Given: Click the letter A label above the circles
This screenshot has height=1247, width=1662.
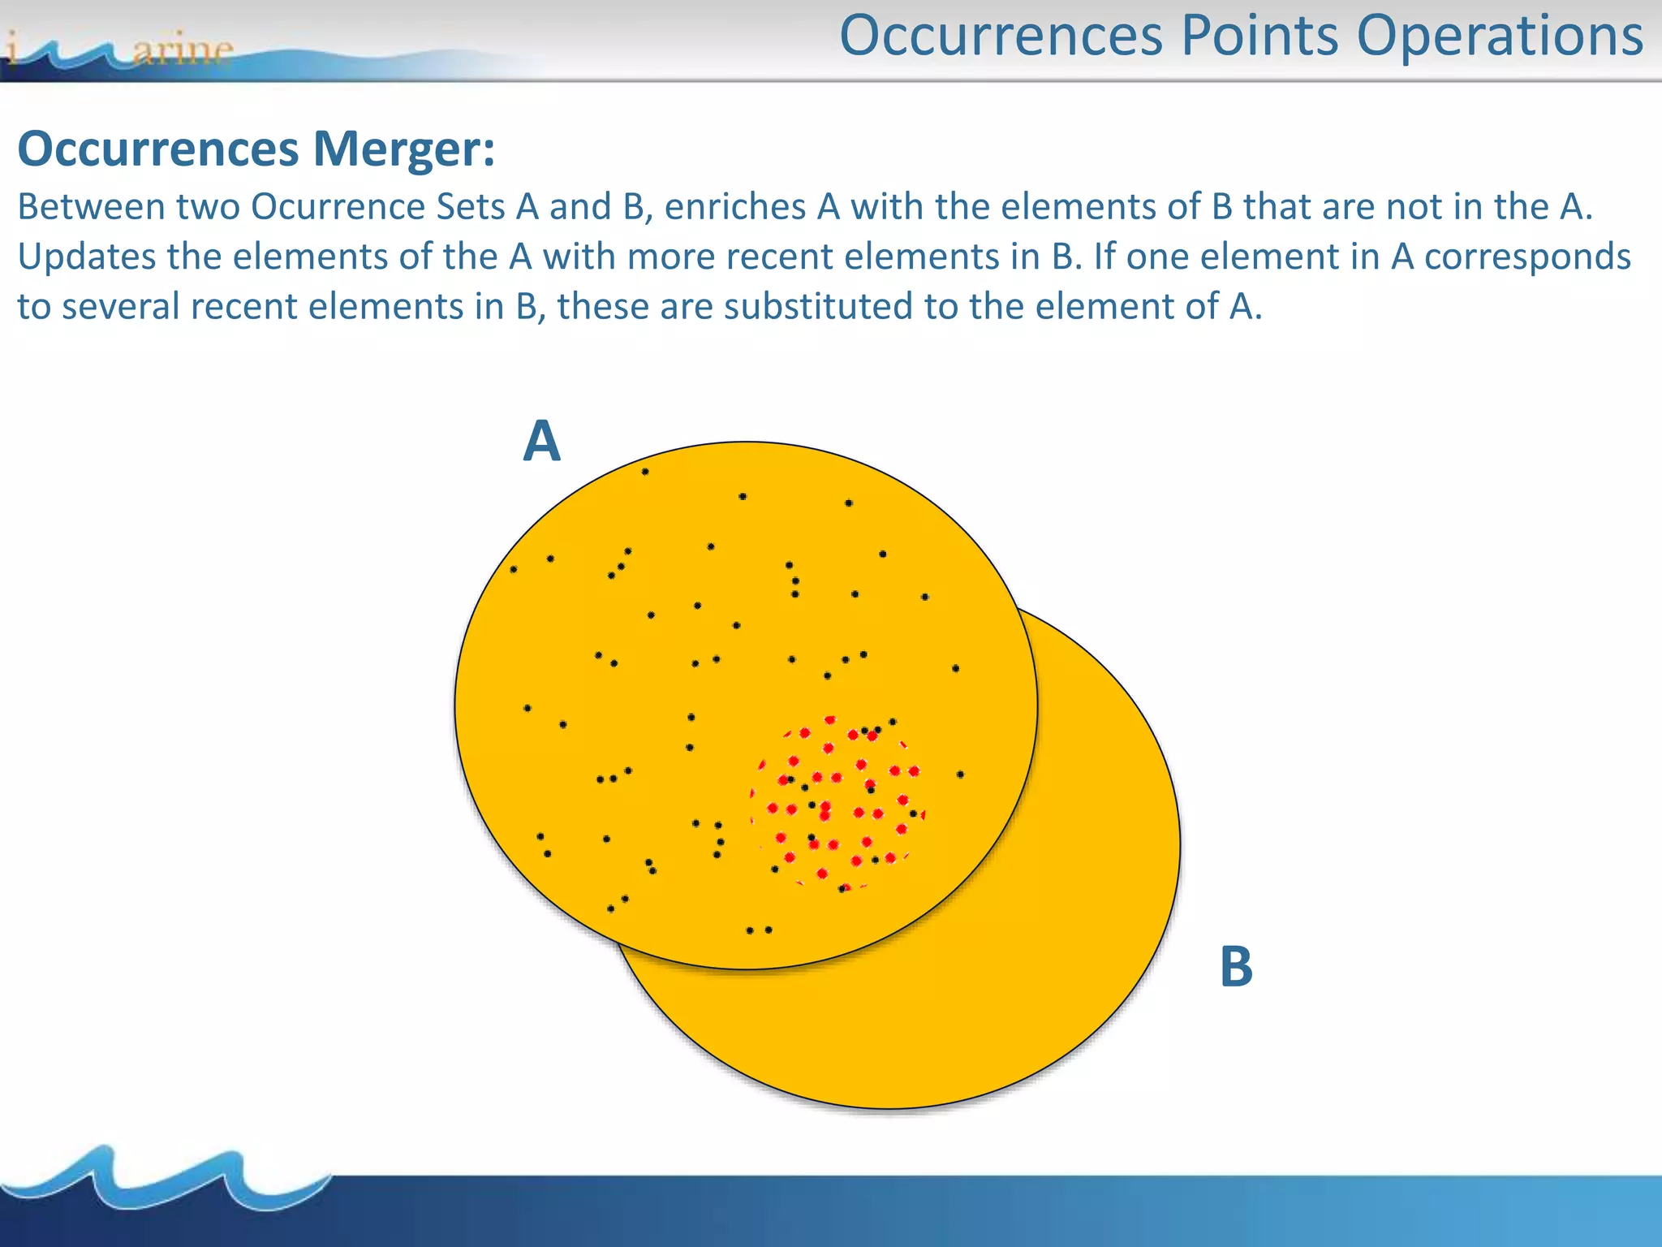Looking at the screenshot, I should click(541, 442).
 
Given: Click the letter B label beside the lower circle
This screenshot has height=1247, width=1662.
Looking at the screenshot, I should click(1236, 967).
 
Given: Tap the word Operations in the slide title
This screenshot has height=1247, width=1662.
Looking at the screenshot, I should click(1500, 37).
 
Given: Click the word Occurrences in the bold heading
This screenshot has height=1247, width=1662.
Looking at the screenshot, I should click(158, 150).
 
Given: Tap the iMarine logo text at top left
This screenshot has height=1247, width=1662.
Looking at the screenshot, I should click(122, 50).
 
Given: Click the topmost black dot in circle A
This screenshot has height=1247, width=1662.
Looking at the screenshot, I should click(645, 472).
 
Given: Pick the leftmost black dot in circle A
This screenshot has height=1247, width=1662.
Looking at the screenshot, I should click(514, 570).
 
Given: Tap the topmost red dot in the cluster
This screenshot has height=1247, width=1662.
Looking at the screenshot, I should click(829, 720).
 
